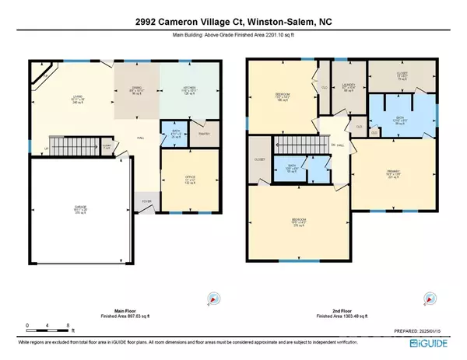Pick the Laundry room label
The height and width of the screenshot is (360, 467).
click(346, 87)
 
